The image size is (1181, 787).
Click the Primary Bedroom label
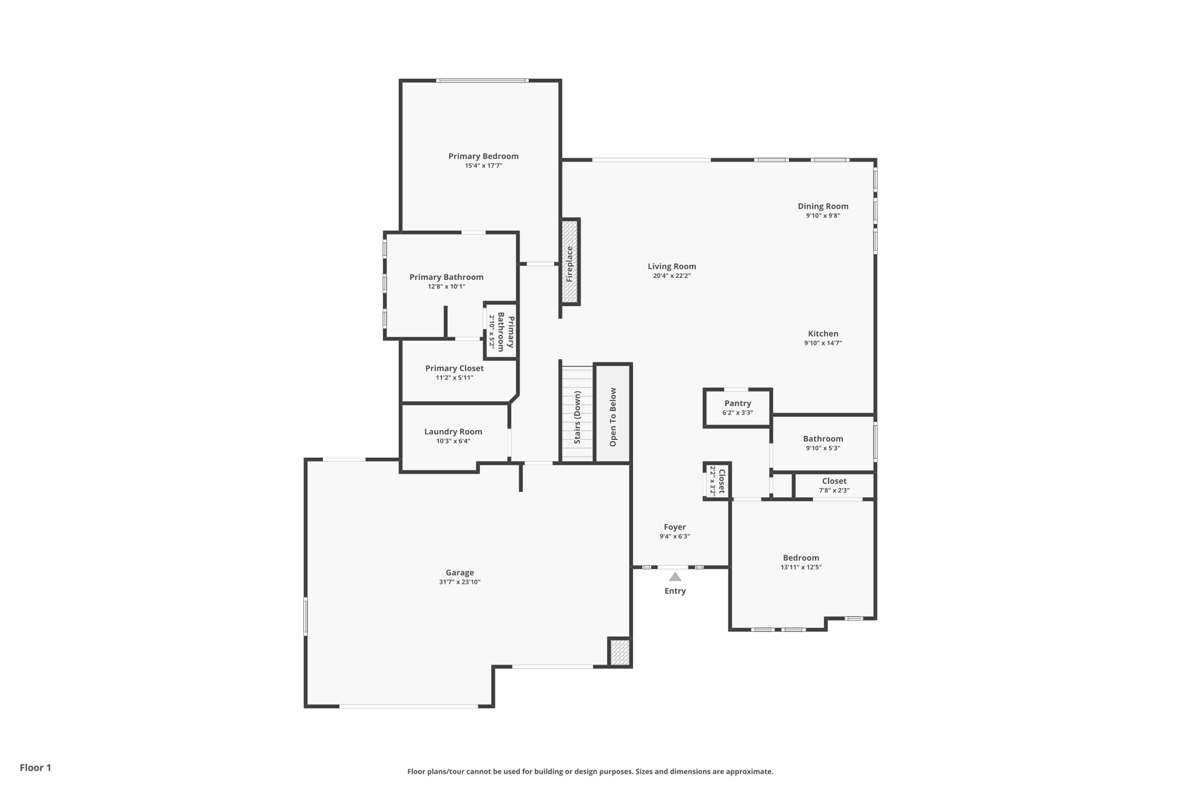[483, 156]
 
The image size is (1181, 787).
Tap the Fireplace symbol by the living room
[570, 262]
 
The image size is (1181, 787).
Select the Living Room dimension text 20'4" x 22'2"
[672, 276]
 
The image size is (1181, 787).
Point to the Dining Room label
[823, 206]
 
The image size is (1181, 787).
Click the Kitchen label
[823, 334]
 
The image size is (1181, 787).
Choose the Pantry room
[738, 408]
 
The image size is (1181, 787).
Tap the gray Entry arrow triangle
[675, 577]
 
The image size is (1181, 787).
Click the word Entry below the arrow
[675, 591]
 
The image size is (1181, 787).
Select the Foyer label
[675, 527]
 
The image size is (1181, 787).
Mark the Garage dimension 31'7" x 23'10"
[460, 582]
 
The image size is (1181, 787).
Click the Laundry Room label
[453, 432]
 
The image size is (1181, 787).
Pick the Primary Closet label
[454, 368]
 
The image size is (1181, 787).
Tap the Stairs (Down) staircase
[577, 413]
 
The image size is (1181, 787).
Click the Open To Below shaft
[613, 413]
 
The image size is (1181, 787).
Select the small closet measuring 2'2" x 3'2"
[717, 481]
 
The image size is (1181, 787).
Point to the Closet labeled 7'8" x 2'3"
[834, 485]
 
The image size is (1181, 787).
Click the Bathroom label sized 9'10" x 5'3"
[823, 439]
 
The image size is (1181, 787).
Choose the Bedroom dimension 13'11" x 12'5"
[801, 567]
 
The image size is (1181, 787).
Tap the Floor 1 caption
[36, 768]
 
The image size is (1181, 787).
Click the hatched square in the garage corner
[620, 652]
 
